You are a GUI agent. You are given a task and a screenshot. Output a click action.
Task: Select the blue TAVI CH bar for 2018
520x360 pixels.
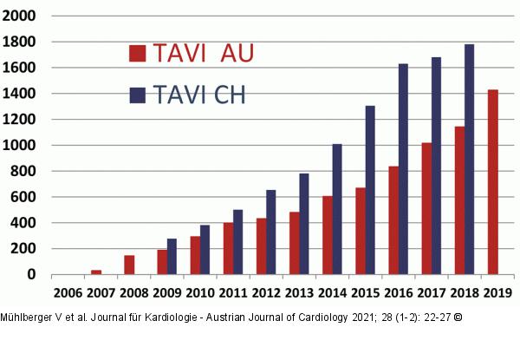pos(468,160)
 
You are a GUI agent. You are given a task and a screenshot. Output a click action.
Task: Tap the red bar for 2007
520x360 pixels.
pos(96,272)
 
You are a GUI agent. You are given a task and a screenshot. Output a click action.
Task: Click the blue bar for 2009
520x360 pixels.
pos(172,257)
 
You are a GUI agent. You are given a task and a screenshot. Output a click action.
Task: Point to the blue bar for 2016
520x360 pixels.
pos(403,169)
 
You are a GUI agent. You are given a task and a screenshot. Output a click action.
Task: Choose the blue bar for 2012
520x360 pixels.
pos(270,232)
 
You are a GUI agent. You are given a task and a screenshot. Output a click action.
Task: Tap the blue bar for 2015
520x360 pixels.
pos(370,190)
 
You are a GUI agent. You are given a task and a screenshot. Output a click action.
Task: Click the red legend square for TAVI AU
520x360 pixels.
pos(137,54)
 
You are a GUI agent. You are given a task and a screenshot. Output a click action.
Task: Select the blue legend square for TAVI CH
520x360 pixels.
pos(137,95)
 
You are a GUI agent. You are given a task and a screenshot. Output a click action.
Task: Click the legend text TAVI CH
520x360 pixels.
pos(199,95)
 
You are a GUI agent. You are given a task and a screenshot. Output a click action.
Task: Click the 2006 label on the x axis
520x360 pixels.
pos(68,291)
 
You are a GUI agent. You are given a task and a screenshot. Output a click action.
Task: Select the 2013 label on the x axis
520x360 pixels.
pos(299,291)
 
